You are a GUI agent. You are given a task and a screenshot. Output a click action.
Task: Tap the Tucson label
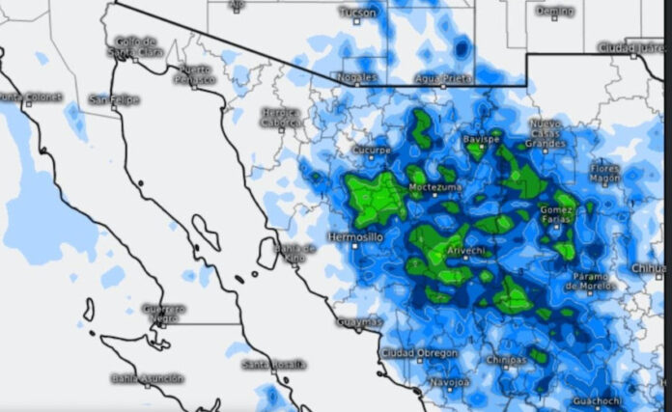click(358, 13)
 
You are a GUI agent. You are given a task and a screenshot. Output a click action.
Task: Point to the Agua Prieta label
click(439, 77)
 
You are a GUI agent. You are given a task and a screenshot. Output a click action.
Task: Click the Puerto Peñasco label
click(195, 74)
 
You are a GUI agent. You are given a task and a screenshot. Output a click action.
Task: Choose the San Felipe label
click(114, 99)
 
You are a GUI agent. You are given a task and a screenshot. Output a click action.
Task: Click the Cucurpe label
click(372, 151)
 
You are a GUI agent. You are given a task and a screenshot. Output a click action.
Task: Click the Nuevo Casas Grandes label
click(546, 133)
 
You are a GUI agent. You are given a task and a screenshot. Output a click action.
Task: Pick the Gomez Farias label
click(556, 214)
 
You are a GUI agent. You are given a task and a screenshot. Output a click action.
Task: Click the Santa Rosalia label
click(274, 364)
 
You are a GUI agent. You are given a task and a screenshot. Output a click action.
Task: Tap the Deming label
click(553, 11)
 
